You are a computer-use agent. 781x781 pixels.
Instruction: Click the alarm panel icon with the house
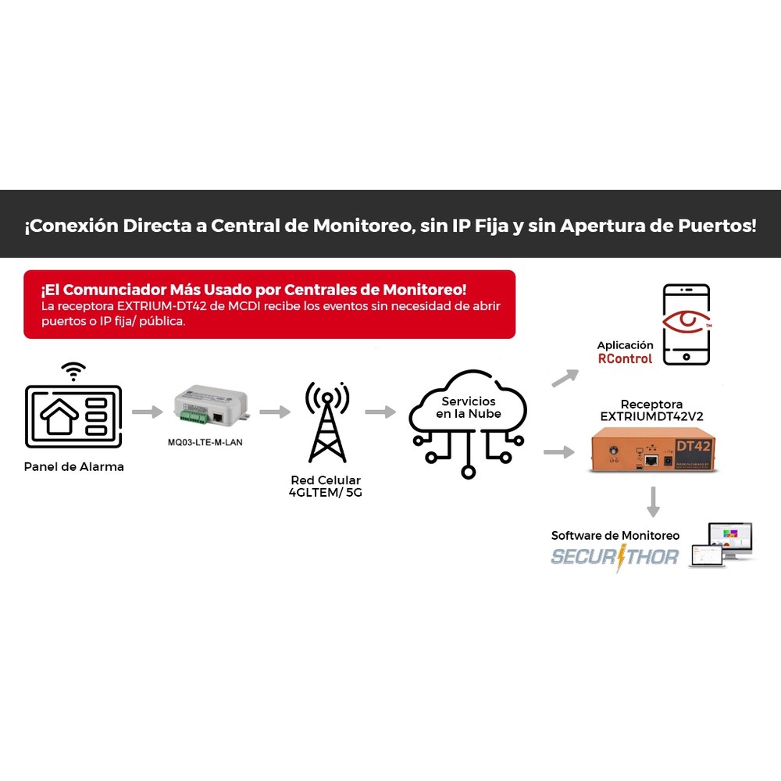pyautogui.click(x=73, y=416)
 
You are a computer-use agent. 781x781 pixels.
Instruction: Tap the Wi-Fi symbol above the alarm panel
pyautogui.click(x=73, y=371)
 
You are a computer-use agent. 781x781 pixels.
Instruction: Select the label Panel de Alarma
pyautogui.click(x=73, y=467)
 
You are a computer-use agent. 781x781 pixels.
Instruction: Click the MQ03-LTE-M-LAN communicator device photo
pyautogui.click(x=211, y=405)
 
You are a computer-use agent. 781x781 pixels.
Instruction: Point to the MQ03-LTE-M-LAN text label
pyautogui.click(x=205, y=442)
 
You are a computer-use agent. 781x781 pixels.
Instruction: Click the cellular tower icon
pyautogui.click(x=327, y=422)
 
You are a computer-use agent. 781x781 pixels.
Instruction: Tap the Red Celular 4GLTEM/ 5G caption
pyautogui.click(x=326, y=486)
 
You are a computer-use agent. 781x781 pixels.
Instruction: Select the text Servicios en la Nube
pyautogui.click(x=468, y=408)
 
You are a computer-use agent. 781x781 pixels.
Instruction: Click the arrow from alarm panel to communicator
pyautogui.click(x=148, y=412)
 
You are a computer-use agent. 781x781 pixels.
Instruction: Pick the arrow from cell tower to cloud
pyautogui.click(x=380, y=412)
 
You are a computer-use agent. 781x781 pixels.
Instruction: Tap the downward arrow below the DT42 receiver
pyautogui.click(x=653, y=501)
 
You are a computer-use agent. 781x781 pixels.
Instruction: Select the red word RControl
pyautogui.click(x=625, y=358)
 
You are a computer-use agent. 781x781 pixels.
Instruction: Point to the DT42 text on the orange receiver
pyautogui.click(x=694, y=446)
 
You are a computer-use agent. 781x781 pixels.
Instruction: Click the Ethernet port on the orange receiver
pyautogui.click(x=651, y=460)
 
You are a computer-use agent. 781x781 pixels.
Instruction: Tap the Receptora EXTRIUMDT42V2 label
pyautogui.click(x=651, y=411)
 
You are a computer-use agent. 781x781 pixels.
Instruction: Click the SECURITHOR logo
pyautogui.click(x=615, y=557)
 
